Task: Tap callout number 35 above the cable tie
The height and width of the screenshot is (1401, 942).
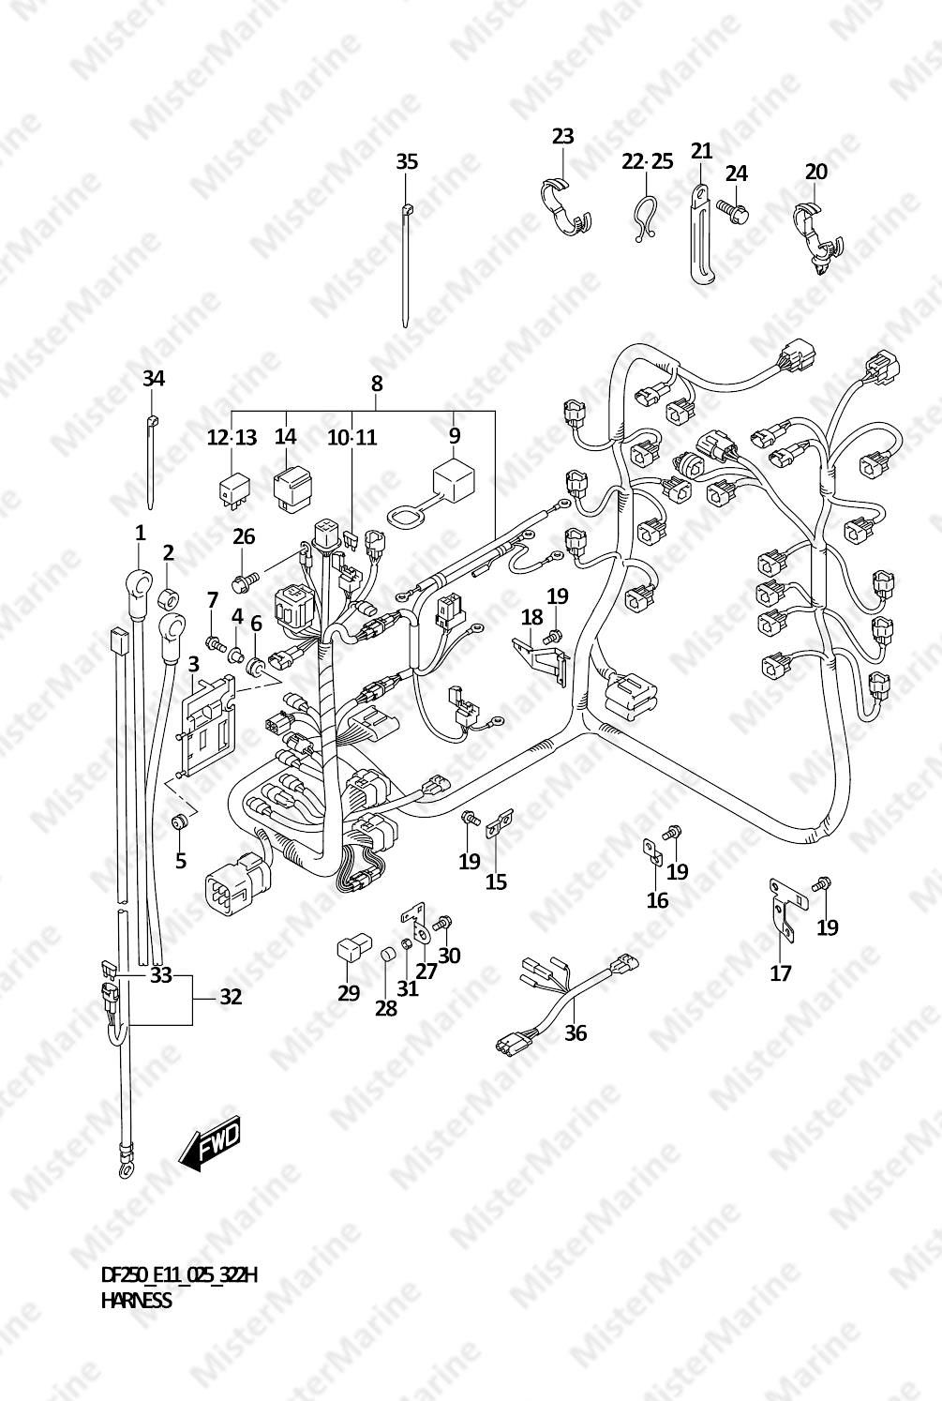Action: click(406, 161)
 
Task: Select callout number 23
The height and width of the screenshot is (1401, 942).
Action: click(562, 136)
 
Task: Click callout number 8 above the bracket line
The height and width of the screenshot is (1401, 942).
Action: click(376, 383)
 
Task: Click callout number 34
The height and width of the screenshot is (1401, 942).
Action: click(153, 379)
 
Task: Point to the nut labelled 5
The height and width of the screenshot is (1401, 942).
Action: click(181, 822)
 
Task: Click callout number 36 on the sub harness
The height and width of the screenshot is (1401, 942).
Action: click(576, 1032)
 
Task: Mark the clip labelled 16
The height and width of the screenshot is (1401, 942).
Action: click(651, 851)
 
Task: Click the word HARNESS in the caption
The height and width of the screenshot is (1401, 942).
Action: click(136, 1301)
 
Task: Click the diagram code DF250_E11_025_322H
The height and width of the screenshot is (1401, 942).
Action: click(179, 1274)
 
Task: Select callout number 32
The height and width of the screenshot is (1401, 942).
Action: click(231, 997)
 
